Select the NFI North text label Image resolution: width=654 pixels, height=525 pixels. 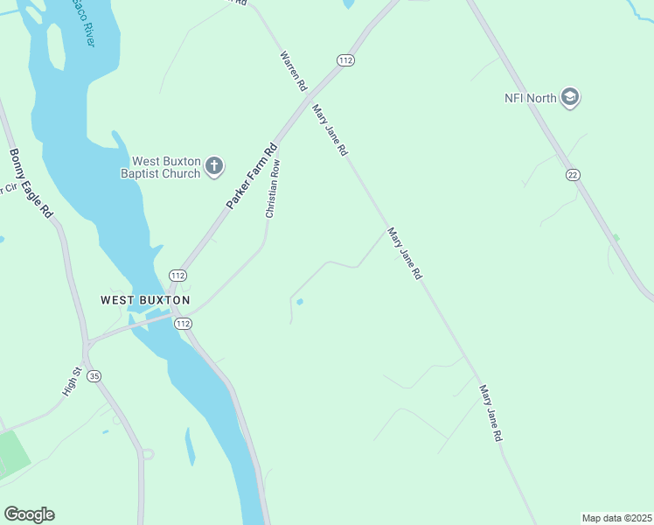(x=530, y=97)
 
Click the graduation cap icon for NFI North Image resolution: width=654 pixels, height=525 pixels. (x=570, y=96)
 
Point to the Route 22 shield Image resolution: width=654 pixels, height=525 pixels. (x=572, y=175)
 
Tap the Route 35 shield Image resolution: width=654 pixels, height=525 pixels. (x=94, y=375)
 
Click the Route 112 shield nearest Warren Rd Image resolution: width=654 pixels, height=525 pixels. (x=345, y=59)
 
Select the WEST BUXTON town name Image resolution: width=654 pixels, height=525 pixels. (x=145, y=300)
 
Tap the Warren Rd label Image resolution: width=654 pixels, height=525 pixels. (x=293, y=71)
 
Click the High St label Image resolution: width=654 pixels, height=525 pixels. (x=72, y=382)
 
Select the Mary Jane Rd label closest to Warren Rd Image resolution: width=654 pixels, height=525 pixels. (x=330, y=129)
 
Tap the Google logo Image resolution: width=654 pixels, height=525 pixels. (x=29, y=514)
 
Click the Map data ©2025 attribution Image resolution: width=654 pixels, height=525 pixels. (x=616, y=517)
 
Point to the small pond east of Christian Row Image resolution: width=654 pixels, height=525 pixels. (x=300, y=303)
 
